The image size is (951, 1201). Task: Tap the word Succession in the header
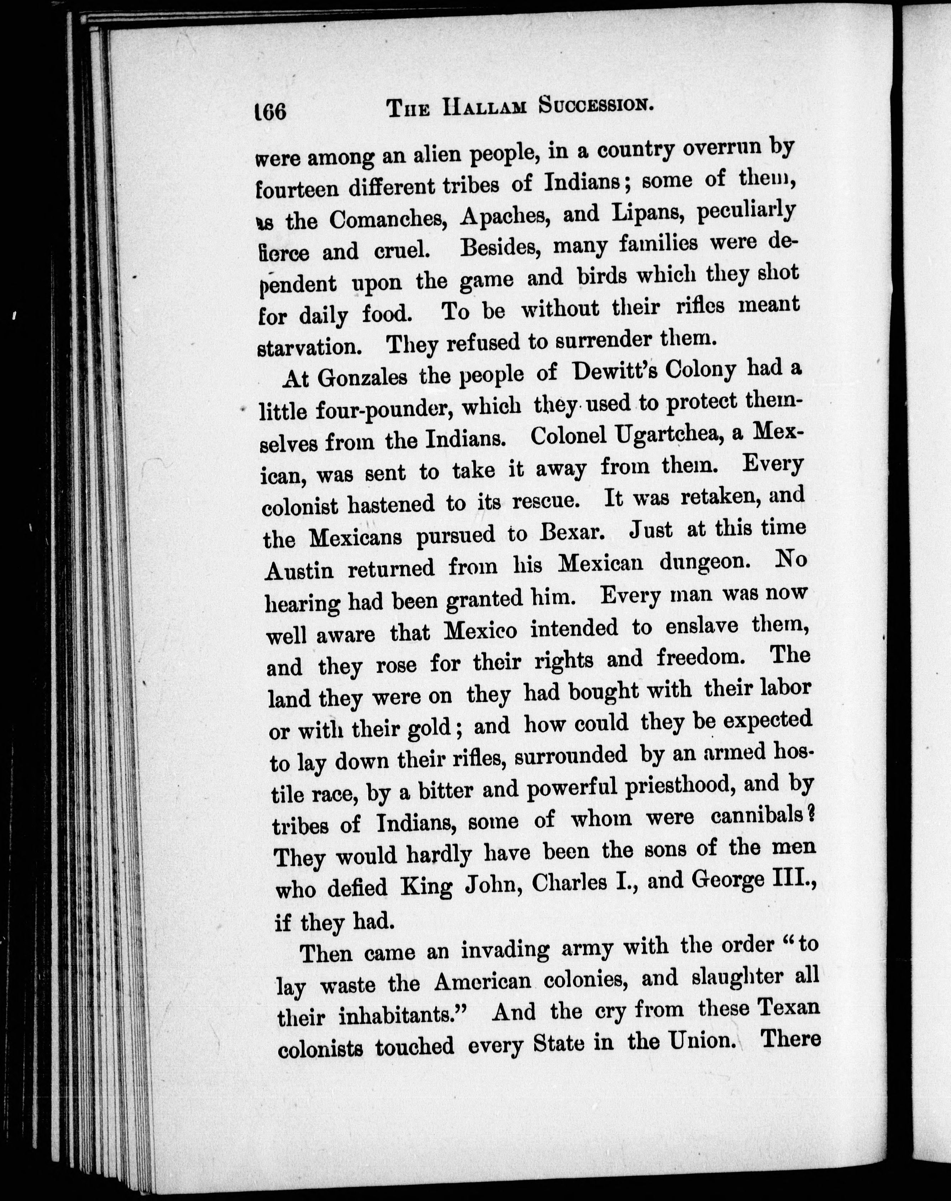point(596,105)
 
